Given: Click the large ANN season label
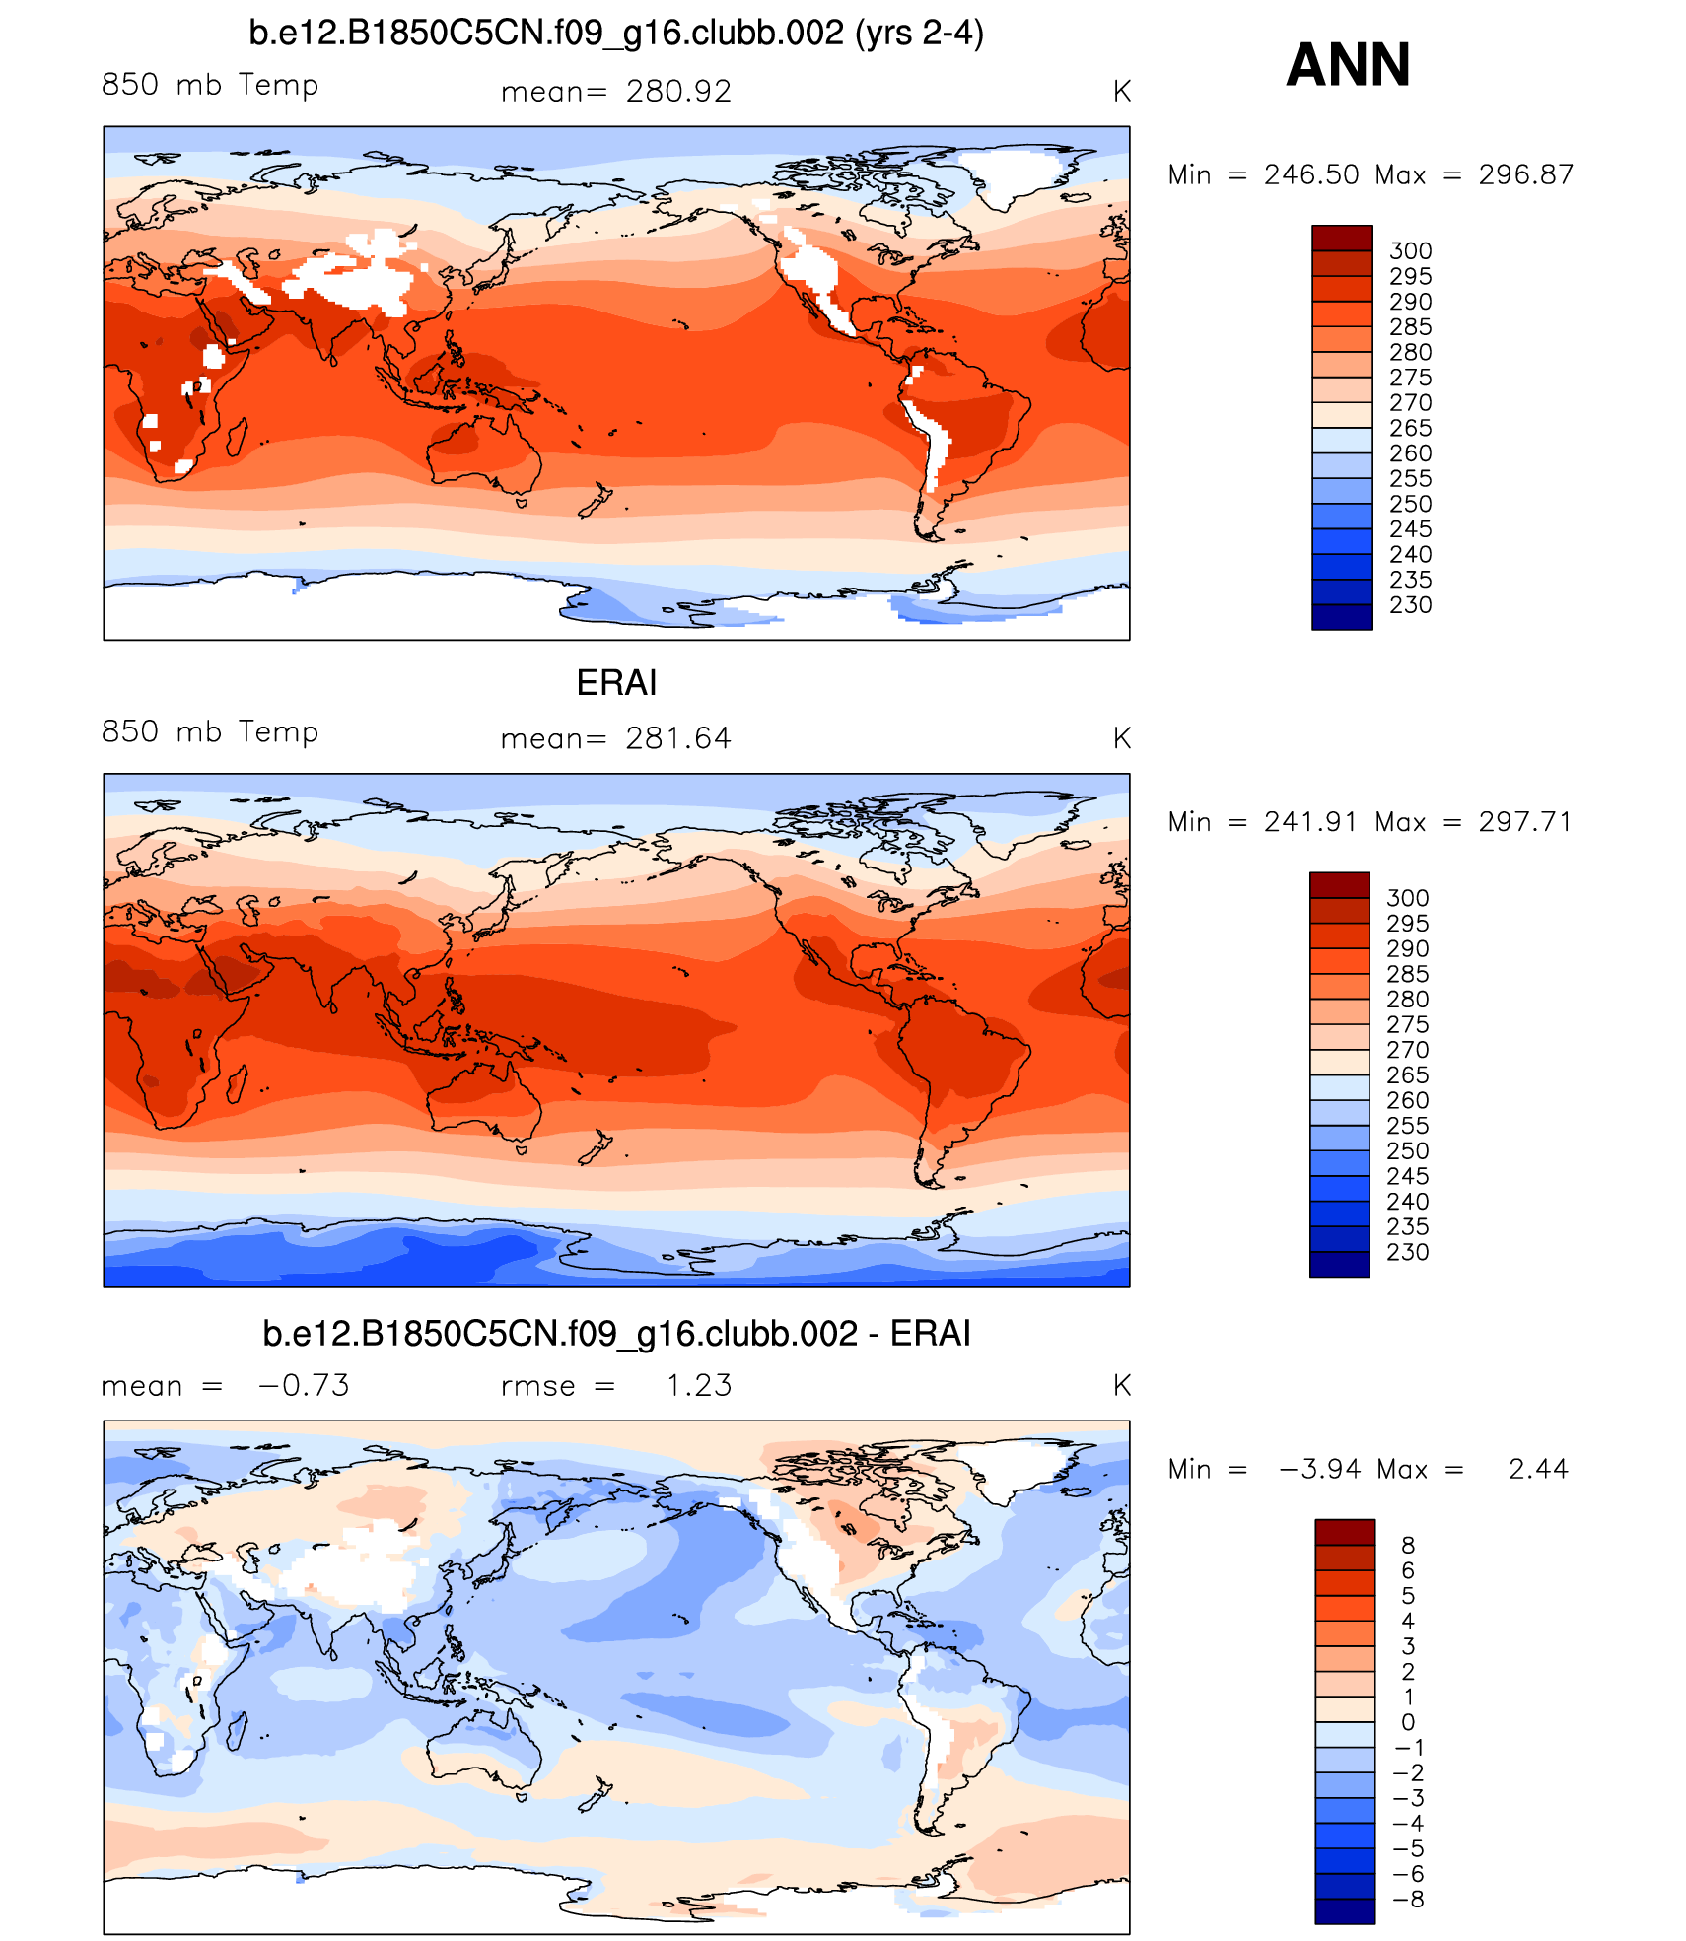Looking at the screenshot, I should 1348,65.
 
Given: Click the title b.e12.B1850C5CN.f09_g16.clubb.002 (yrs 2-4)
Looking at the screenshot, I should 616,34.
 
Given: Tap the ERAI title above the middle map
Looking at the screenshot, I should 616,682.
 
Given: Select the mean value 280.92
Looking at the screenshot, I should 678,92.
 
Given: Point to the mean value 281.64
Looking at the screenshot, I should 678,738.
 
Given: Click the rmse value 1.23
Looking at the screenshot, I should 699,1385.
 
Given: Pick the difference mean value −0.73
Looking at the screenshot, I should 304,1385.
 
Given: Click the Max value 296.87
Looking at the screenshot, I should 1525,174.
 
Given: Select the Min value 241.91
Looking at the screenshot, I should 1310,821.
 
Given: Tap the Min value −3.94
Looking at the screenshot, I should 1319,1469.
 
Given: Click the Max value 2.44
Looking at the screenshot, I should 1538,1469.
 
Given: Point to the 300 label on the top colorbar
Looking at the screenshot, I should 1410,251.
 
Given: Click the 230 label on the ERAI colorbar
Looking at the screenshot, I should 1407,1252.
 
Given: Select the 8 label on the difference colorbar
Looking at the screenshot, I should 1408,1545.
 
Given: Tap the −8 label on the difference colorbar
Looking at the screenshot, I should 1409,1899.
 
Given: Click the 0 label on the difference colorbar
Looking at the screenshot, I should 1408,1722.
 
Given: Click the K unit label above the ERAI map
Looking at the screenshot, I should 1121,738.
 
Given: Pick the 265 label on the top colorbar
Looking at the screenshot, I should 1410,428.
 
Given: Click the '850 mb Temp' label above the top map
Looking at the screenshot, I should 210,85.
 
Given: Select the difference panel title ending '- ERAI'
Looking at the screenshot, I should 616,1333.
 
